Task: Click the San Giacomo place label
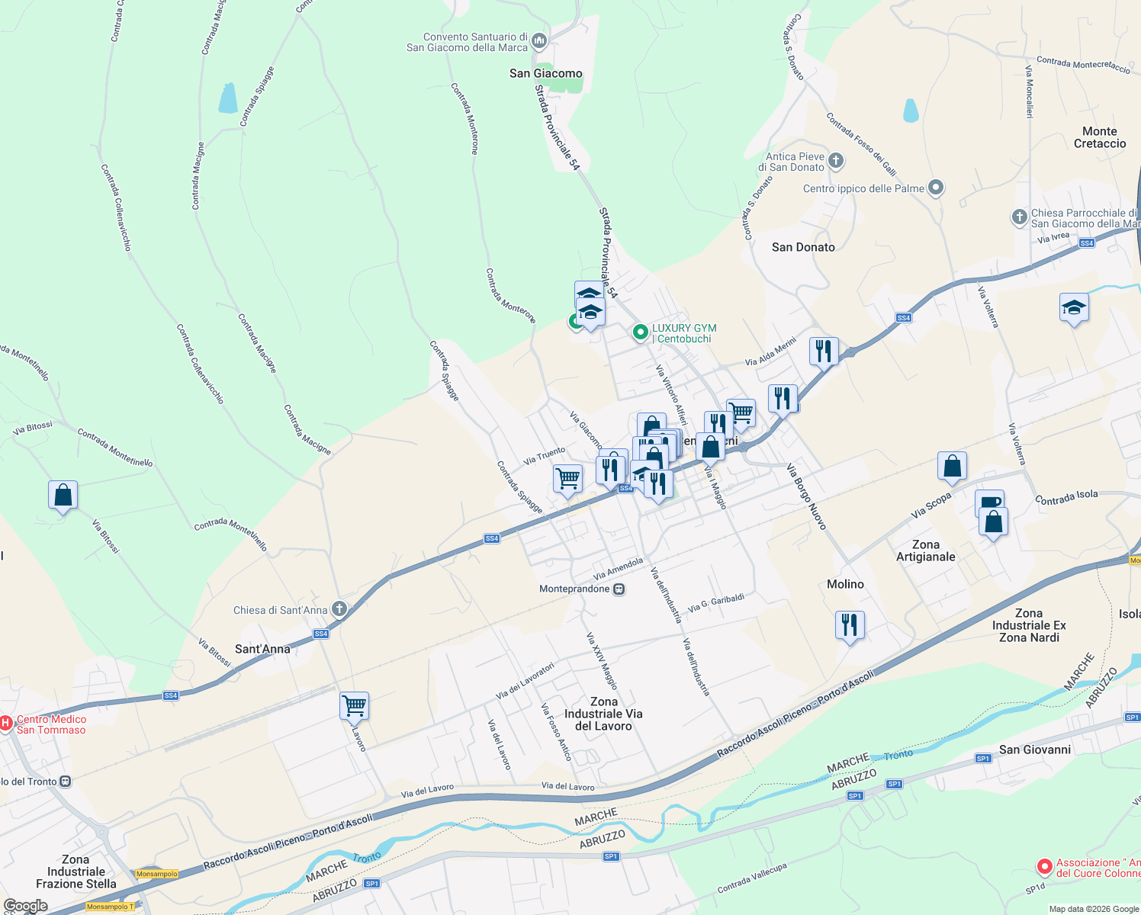tap(545, 73)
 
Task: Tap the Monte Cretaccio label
tap(1099, 137)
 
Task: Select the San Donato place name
tap(803, 247)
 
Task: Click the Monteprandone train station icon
tap(619, 589)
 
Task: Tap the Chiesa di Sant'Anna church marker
tap(339, 609)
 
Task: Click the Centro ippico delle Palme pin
tap(937, 188)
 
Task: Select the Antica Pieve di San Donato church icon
tap(836, 161)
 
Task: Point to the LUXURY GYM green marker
tap(640, 332)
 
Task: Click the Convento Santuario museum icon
tap(539, 40)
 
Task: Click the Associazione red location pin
tap(1044, 867)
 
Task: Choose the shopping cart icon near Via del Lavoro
tap(354, 706)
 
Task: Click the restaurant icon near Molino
tap(849, 625)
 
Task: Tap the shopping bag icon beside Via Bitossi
tap(63, 496)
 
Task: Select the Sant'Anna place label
tap(262, 649)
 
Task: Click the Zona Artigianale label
tap(925, 551)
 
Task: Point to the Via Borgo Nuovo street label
tap(806, 496)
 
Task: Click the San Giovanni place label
tap(1034, 750)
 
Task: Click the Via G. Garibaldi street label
tap(715, 603)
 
